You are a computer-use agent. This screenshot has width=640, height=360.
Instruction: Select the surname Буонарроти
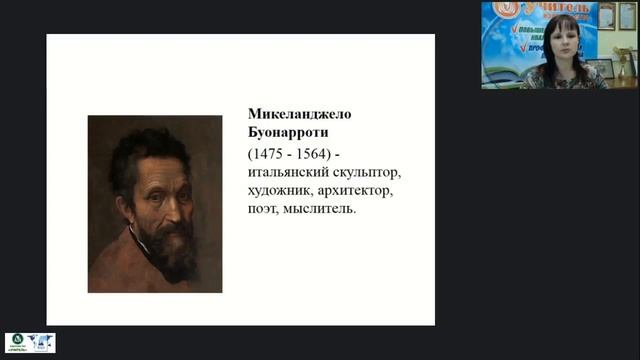(286, 133)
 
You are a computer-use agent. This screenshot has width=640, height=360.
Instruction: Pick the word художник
(281, 190)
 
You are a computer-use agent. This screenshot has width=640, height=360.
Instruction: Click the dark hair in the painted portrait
(140, 145)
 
